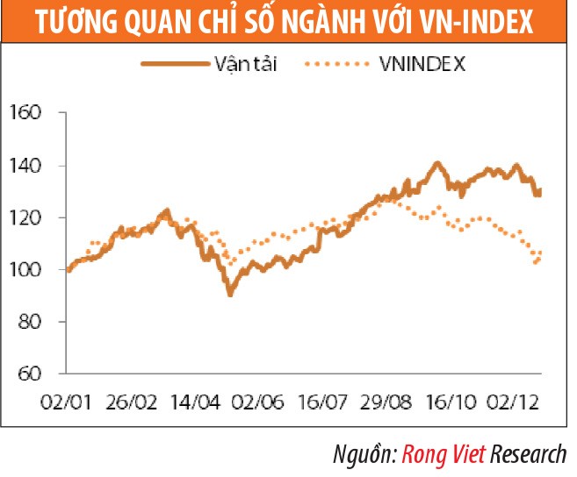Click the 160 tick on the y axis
click(28, 113)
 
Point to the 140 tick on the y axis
click(28, 166)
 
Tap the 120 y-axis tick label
click(28, 217)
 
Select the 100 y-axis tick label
click(28, 270)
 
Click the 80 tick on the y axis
click(32, 322)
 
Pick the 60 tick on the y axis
click(32, 374)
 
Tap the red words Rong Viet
click(444, 455)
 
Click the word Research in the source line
click(529, 455)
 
